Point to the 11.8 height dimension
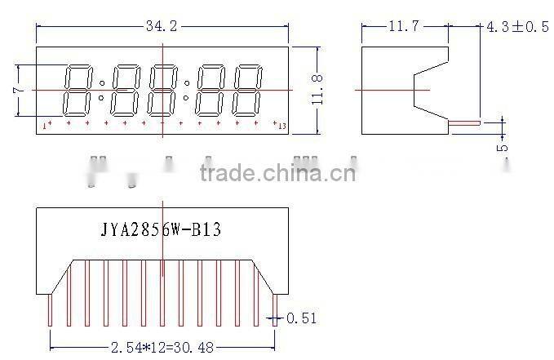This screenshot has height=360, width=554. (x=318, y=89)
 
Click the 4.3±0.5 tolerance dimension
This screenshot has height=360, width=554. (x=517, y=27)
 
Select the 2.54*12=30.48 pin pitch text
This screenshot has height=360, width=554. (x=162, y=347)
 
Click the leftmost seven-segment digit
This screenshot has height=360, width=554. (x=78, y=89)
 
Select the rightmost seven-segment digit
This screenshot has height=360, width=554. (x=247, y=89)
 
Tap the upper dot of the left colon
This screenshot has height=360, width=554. (x=100, y=82)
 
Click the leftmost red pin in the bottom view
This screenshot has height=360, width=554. (x=51, y=310)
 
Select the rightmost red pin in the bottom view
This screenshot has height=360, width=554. (x=275, y=310)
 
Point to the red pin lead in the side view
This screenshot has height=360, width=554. (x=464, y=123)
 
